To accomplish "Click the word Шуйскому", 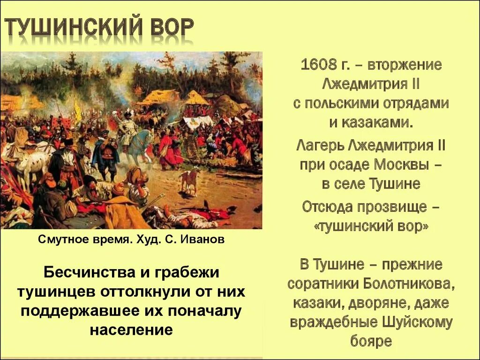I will [x=419, y=322].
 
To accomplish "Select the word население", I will [x=131, y=330].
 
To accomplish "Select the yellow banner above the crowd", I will [x=77, y=110].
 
